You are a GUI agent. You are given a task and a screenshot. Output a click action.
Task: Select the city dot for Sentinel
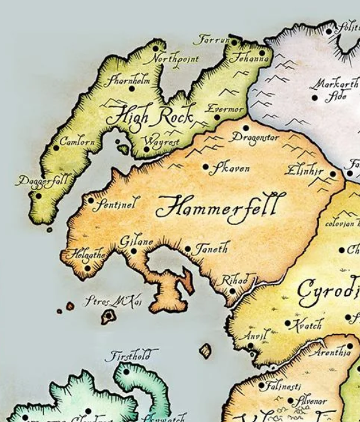point(90,201)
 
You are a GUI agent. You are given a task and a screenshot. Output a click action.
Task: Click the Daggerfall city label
point(43,181)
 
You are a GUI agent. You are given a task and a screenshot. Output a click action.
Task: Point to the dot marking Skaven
point(205,167)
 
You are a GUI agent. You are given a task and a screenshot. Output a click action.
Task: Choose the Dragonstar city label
point(254,137)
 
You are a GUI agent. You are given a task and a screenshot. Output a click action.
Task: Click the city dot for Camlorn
point(56,148)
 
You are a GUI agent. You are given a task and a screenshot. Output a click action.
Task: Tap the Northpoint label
point(174,59)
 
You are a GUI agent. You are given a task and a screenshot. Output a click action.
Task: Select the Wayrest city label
point(161,142)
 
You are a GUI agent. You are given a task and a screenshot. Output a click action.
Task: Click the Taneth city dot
point(187,249)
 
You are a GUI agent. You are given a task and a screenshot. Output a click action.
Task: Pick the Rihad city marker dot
point(232,291)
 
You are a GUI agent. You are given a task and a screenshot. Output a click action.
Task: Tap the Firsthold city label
point(131,356)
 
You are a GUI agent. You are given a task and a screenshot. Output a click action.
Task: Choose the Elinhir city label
point(304,170)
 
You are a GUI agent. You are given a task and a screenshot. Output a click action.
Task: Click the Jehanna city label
point(249,59)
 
